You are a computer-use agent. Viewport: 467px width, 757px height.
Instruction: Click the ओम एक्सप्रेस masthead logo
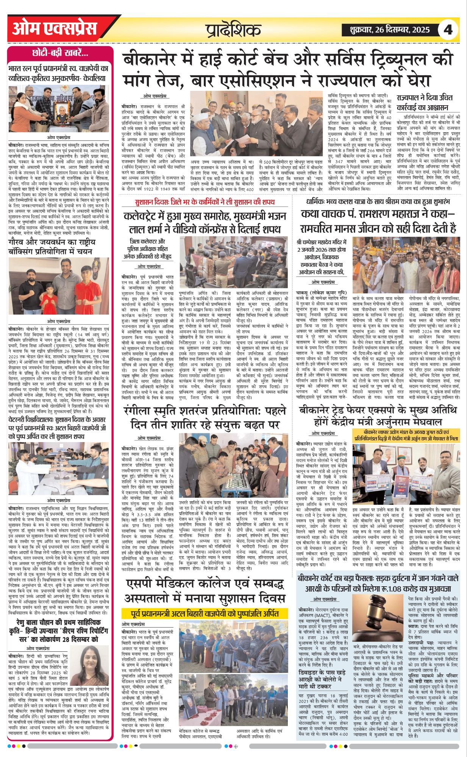(x=55, y=29)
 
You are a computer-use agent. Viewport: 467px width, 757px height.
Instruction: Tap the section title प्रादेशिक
(x=233, y=30)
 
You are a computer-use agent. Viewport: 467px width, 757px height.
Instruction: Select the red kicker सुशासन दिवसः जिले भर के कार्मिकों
(x=205, y=202)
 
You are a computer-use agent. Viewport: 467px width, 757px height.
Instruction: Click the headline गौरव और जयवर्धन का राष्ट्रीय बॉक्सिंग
(x=52, y=246)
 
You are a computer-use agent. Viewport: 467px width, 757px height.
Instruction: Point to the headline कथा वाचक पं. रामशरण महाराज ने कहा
(x=378, y=221)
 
